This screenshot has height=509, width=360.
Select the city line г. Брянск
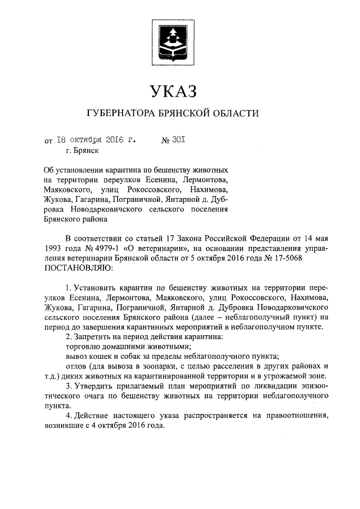pos(82,151)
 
